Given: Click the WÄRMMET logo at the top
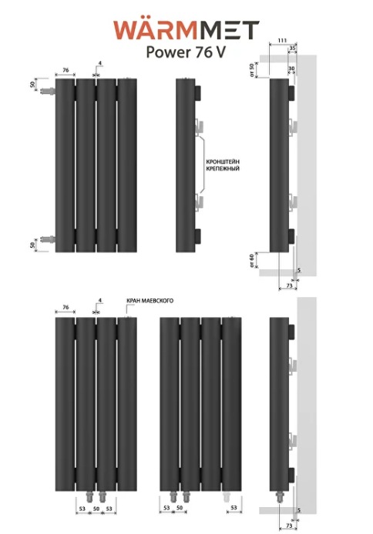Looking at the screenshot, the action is pyautogui.click(x=186, y=30).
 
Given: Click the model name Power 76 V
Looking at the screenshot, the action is pyautogui.click(x=186, y=52).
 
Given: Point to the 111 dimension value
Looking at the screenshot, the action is pyautogui.click(x=282, y=41).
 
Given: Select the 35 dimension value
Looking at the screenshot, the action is pyautogui.click(x=293, y=48).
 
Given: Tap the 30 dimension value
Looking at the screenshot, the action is pyautogui.click(x=291, y=68).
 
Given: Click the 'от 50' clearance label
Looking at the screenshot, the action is pyautogui.click(x=252, y=70).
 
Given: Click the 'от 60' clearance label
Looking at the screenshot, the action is pyautogui.click(x=252, y=261).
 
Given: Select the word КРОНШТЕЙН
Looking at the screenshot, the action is pyautogui.click(x=223, y=162).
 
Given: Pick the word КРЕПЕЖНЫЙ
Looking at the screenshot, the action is pyautogui.click(x=223, y=169).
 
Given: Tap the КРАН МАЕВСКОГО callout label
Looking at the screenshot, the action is pyautogui.click(x=150, y=301).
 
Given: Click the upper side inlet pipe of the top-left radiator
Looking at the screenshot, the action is pyautogui.click(x=47, y=92).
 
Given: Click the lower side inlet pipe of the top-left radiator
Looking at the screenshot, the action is pyautogui.click(x=47, y=239).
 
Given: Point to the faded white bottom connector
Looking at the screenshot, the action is pyautogui.click(x=227, y=497).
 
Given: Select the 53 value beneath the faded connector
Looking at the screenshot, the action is pyautogui.click(x=234, y=508).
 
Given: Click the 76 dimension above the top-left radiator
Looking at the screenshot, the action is pyautogui.click(x=66, y=70).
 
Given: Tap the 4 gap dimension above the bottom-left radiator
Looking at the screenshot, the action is pyautogui.click(x=100, y=300).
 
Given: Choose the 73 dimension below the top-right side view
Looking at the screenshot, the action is pyautogui.click(x=289, y=285).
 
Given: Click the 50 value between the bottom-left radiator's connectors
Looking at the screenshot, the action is pyautogui.click(x=96, y=509).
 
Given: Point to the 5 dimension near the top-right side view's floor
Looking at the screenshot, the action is pyautogui.click(x=299, y=270).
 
